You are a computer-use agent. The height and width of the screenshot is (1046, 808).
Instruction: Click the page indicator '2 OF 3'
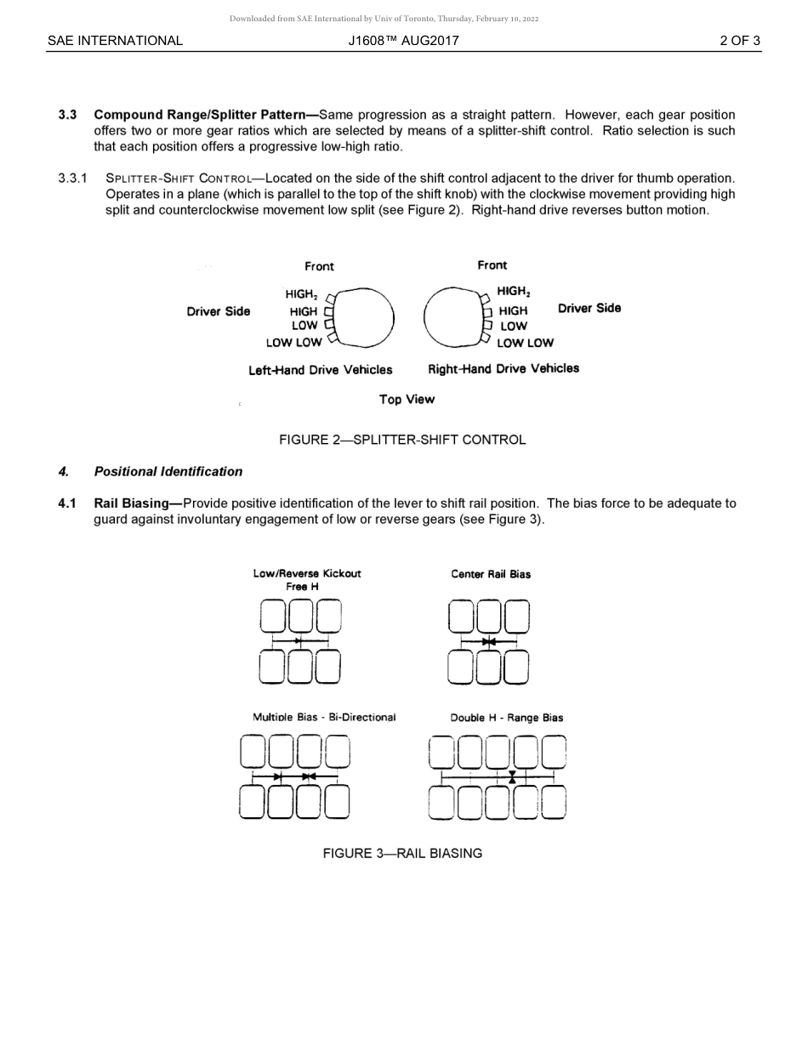pyautogui.click(x=739, y=40)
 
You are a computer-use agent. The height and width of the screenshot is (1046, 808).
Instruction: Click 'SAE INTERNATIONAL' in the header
pyautogui.click(x=115, y=40)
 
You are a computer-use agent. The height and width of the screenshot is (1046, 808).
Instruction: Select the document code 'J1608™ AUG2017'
pyautogui.click(x=404, y=40)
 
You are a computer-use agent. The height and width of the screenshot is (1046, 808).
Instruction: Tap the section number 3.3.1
pyautogui.click(x=72, y=179)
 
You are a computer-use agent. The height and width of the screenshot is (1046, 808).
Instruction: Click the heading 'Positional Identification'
pyautogui.click(x=168, y=471)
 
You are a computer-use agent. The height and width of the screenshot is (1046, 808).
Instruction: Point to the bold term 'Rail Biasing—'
pyautogui.click(x=138, y=503)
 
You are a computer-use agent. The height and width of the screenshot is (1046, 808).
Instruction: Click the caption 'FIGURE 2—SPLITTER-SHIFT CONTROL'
pyautogui.click(x=402, y=440)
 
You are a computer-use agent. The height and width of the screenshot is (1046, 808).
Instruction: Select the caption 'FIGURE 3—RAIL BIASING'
pyautogui.click(x=402, y=853)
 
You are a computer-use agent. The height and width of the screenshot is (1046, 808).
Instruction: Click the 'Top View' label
pyautogui.click(x=407, y=399)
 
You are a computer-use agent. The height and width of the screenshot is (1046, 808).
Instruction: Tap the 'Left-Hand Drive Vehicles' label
pyautogui.click(x=321, y=370)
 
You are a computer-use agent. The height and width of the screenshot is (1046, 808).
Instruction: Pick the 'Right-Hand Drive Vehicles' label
pyautogui.click(x=504, y=368)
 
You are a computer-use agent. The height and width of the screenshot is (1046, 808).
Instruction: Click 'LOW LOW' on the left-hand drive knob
pyautogui.click(x=293, y=343)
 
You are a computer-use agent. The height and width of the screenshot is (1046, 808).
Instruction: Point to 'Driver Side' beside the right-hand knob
pyautogui.click(x=589, y=308)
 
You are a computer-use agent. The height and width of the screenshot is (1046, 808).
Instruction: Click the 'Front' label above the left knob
pyautogui.click(x=319, y=266)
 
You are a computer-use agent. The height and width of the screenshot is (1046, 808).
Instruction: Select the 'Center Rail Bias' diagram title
pyautogui.click(x=491, y=574)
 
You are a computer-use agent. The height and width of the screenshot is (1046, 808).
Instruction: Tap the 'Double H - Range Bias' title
pyautogui.click(x=507, y=718)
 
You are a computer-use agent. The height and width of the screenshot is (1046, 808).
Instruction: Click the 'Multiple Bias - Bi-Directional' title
pyautogui.click(x=324, y=717)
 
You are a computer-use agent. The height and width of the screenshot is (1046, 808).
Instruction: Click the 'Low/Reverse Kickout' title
pyautogui.click(x=307, y=573)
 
